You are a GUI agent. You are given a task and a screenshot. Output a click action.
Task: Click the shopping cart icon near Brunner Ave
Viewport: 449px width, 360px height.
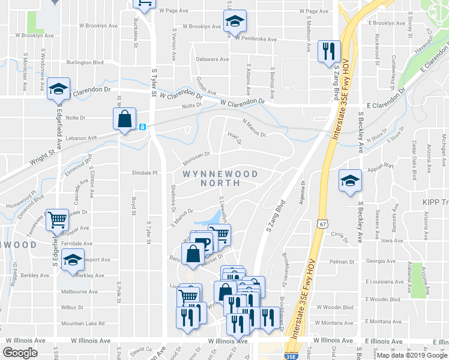tap(58, 220)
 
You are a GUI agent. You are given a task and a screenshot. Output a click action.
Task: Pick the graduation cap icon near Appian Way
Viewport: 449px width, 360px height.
tap(350, 181)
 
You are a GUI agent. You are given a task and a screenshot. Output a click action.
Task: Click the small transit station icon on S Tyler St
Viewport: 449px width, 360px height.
tap(142, 127)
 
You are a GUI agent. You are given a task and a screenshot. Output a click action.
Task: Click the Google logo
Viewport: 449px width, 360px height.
tap(20, 352)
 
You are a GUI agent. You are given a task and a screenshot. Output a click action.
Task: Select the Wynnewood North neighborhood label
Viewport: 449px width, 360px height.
tap(220, 178)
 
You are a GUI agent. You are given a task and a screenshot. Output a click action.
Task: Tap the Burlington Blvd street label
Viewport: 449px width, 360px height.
tap(85, 62)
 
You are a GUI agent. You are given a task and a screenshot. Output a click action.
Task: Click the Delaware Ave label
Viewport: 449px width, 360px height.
tap(212, 59)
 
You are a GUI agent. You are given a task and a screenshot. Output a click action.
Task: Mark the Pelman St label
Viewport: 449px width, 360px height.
tap(343, 262)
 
